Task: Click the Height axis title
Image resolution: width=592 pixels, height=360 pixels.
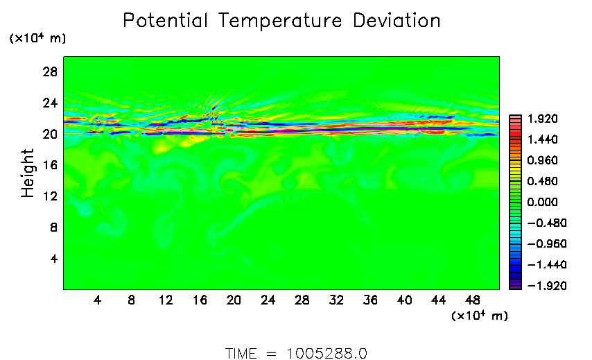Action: point(28,173)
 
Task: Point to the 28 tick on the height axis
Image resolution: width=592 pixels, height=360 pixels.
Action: point(51,71)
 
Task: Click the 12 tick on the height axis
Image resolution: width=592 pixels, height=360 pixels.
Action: point(51,196)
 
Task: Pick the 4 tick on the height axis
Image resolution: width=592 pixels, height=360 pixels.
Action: point(53,259)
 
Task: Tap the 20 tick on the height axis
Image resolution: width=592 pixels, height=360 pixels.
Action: point(51,134)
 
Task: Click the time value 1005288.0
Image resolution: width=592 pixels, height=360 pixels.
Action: point(326,353)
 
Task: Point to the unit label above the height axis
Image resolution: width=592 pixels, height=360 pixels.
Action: point(37,39)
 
